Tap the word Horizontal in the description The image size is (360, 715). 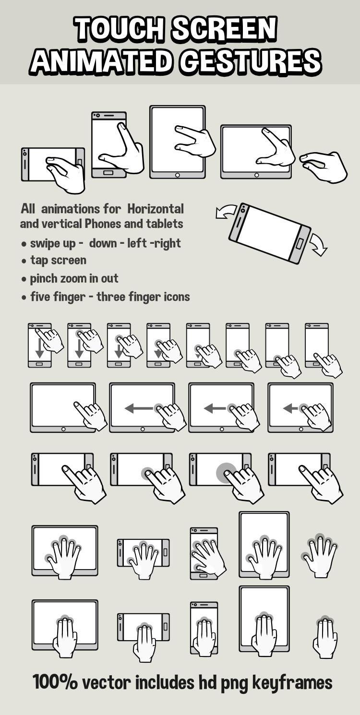tap(156, 209)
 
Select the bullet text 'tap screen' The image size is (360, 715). tap(58, 261)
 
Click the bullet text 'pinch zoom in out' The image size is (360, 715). tap(74, 279)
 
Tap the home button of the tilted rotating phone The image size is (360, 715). tap(300, 243)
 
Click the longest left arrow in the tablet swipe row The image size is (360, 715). tap(139, 408)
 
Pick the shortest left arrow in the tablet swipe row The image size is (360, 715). tap(290, 408)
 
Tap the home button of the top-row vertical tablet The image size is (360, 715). tap(177, 175)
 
